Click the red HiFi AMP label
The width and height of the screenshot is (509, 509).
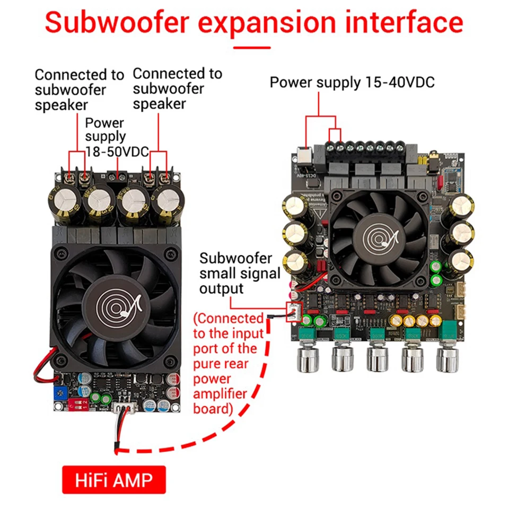114,480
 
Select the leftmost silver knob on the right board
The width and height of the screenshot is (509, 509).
306,359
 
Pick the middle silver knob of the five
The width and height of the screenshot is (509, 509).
377,359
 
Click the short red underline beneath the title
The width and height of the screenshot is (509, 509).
252,48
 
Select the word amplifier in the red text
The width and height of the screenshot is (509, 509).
220,394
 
